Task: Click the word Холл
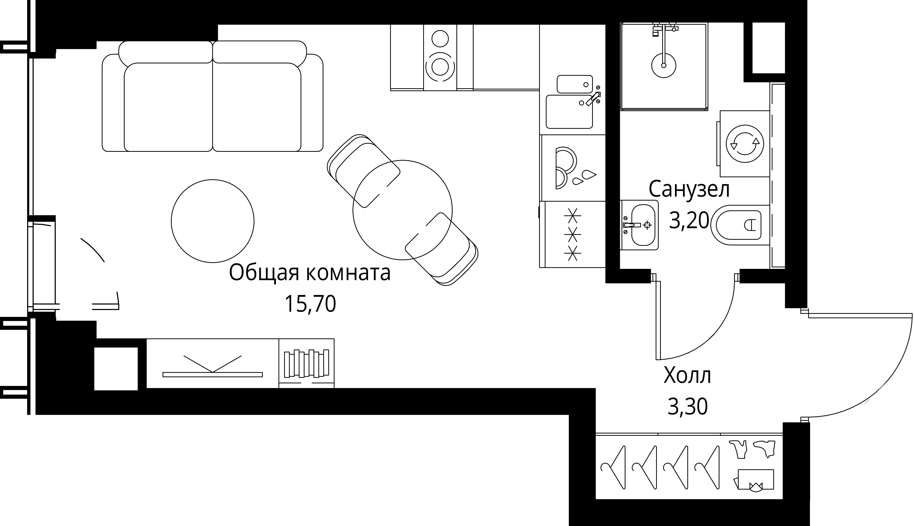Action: point(687,376)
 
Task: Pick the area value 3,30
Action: point(687,407)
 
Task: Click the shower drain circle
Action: point(663,65)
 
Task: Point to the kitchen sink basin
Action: point(569,112)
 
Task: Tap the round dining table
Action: point(402,210)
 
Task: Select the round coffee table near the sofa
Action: point(213,221)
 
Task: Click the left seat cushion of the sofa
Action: point(168,107)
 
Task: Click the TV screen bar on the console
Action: point(213,374)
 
